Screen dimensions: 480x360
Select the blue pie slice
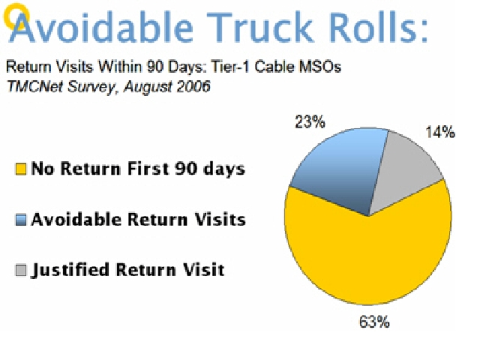[x=340, y=172]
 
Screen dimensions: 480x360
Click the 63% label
[x=374, y=322]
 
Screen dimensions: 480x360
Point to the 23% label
[x=310, y=121]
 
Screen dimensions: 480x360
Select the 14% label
[x=440, y=132]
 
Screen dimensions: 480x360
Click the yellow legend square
[x=21, y=169]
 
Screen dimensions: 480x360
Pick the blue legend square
[x=21, y=220]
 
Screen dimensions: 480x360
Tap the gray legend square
[x=21, y=270]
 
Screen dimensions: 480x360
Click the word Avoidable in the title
[x=101, y=27]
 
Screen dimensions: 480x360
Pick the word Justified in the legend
[x=70, y=270]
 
